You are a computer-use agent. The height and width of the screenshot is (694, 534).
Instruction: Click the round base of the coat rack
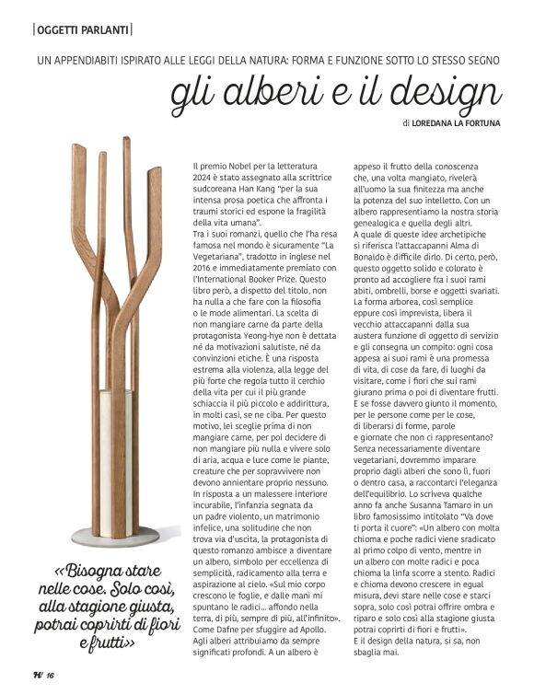116,535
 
